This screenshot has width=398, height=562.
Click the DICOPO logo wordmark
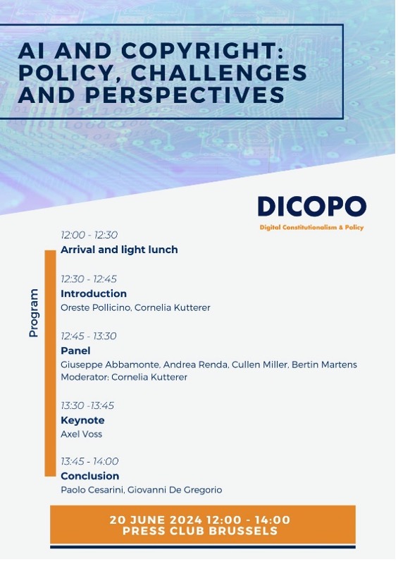coord(312,206)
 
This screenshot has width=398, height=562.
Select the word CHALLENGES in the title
coord(219,73)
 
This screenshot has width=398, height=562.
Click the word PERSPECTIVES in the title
coord(185,94)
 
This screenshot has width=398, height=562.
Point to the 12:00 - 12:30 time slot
coord(89,235)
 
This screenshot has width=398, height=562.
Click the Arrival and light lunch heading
coord(119,250)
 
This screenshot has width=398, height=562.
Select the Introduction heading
coord(94,293)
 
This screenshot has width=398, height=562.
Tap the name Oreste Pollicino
coord(96,307)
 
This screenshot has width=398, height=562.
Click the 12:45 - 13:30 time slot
coord(88,336)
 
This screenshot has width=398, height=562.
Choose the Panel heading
coord(75,350)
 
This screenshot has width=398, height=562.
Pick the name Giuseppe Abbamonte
coord(110,365)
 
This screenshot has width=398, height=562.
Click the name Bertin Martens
coord(324,365)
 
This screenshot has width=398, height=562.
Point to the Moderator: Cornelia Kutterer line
coord(124,377)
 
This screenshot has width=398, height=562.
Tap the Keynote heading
coord(82,420)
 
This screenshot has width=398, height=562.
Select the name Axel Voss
coord(81,434)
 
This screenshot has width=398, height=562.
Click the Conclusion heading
coord(90,476)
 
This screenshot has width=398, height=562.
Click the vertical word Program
coord(34,313)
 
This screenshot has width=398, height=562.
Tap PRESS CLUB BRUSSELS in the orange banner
coord(200,531)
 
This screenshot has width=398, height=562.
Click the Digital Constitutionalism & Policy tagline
coord(312,227)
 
